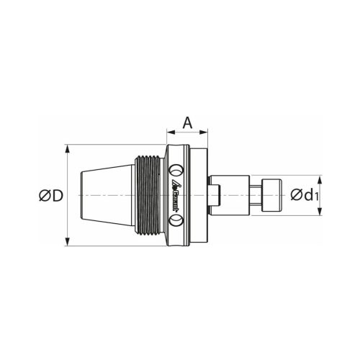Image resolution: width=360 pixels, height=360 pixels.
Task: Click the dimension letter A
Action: click(x=187, y=122)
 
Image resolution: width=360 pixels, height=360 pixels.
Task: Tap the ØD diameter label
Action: click(x=50, y=196)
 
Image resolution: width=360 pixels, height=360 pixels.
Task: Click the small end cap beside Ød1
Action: click(x=271, y=195)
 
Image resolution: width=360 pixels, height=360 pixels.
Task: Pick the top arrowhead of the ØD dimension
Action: click(x=67, y=149)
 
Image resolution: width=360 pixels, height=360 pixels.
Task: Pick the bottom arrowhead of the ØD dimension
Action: click(x=67, y=243)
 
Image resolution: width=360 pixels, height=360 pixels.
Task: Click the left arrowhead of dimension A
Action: click(x=170, y=132)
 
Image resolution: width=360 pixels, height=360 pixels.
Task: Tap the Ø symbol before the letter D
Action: click(x=44, y=196)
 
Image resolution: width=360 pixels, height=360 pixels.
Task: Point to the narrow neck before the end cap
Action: click(x=256, y=195)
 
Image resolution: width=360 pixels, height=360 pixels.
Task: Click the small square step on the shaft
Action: click(x=217, y=195)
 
